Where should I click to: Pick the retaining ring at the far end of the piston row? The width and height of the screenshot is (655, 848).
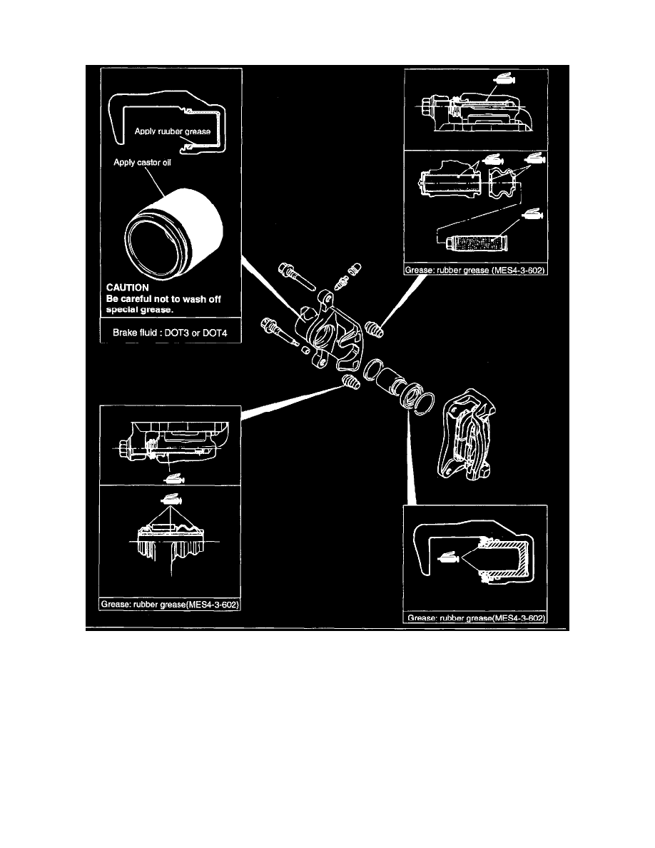coord(423,401)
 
